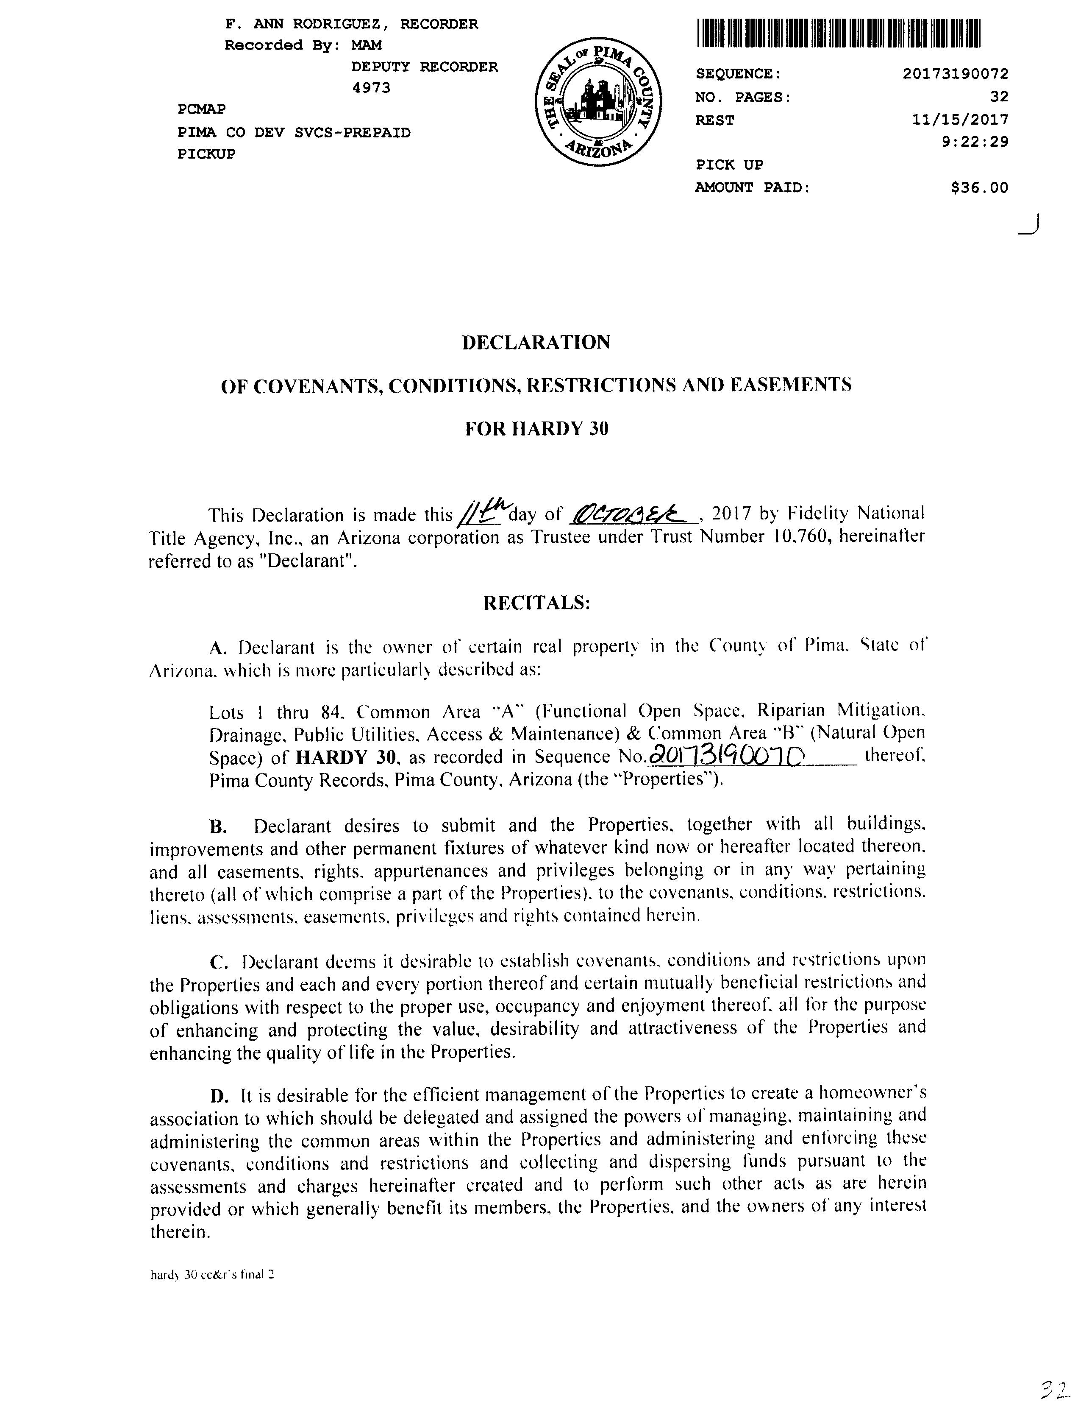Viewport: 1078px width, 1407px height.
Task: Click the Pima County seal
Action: tap(597, 101)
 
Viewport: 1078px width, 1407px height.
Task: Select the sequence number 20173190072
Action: tap(955, 74)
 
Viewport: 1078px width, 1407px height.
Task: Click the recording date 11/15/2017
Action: tap(960, 120)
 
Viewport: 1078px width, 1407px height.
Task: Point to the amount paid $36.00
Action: tap(979, 187)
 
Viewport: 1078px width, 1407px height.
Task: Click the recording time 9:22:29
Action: tap(975, 141)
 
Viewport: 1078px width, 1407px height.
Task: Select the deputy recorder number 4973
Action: tap(372, 88)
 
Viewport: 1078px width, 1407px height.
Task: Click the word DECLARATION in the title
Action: tap(536, 342)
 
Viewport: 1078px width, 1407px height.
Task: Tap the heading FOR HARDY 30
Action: tap(536, 428)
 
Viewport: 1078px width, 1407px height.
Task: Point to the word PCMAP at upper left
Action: tap(201, 109)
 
